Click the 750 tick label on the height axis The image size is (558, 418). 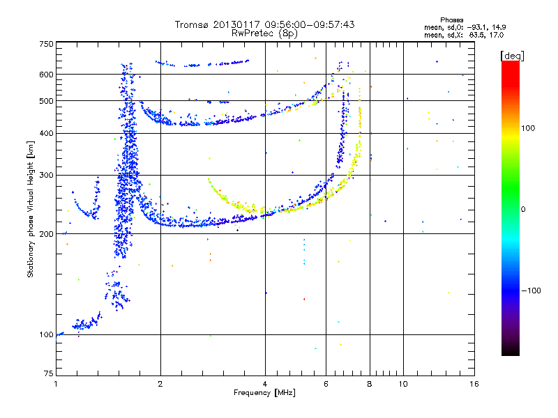point(46,44)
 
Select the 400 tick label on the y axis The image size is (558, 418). point(46,133)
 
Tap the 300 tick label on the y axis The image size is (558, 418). point(46,175)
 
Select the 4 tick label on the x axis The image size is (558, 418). point(265,384)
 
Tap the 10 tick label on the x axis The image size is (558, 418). point(402,384)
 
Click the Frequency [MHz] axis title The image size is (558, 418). point(264,393)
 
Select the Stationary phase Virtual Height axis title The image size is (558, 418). point(31,208)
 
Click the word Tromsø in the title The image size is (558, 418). point(191,24)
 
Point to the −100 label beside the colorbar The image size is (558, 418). point(531,290)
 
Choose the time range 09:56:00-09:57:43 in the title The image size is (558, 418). point(306,24)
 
